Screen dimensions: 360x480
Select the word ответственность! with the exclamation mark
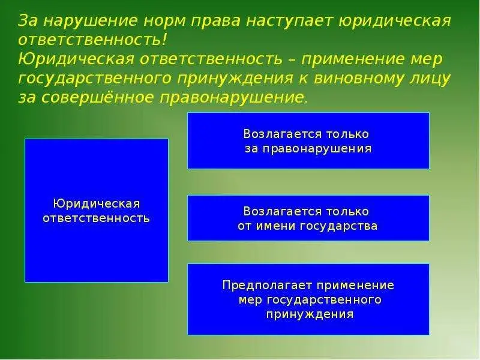[92, 41]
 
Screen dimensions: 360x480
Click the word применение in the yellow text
[357, 59]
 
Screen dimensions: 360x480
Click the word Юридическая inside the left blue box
[96, 203]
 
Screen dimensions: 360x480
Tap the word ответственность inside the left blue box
[96, 217]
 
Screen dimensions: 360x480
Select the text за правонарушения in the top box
[308, 148]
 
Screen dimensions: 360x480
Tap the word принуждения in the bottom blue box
[308, 314]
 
